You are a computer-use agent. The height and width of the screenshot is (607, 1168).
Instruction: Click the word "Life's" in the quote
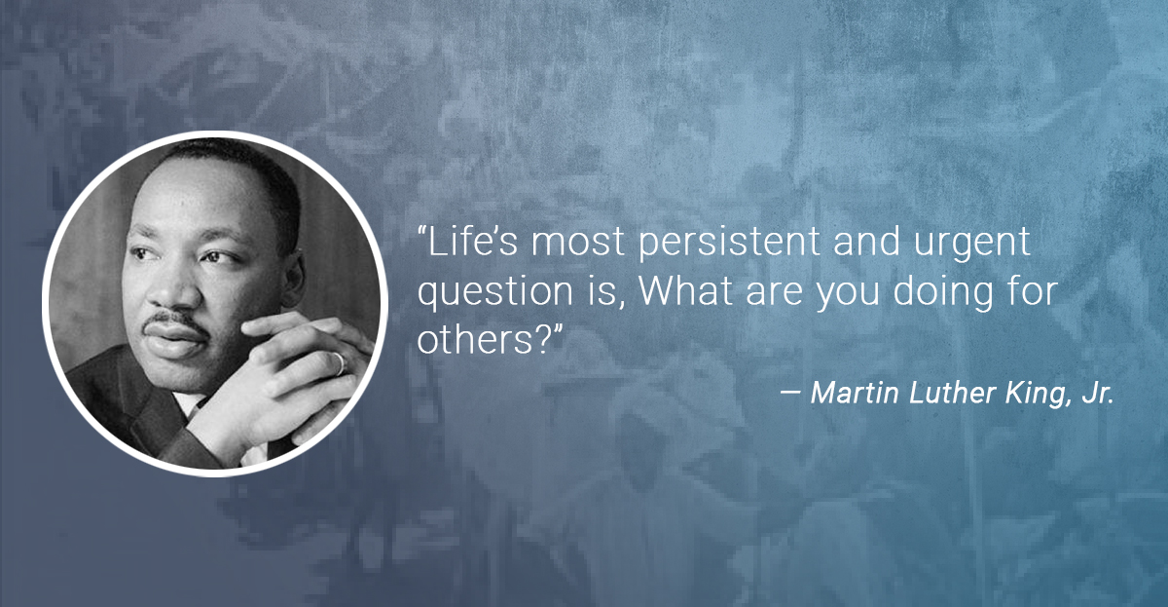point(474,241)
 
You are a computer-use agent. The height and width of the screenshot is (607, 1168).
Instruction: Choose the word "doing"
point(943,293)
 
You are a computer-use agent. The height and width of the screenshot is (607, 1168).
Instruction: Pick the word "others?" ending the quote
point(484,339)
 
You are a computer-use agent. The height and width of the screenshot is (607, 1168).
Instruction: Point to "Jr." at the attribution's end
point(1098,393)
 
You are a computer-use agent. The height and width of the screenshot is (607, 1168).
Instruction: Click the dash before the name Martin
point(790,394)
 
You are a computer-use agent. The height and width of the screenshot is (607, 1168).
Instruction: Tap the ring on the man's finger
point(340,363)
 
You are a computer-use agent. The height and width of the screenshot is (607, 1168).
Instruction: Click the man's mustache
point(174,321)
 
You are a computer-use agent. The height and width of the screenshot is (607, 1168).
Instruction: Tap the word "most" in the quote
point(577,243)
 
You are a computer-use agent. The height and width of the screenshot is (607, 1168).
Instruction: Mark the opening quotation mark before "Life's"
point(422,230)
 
